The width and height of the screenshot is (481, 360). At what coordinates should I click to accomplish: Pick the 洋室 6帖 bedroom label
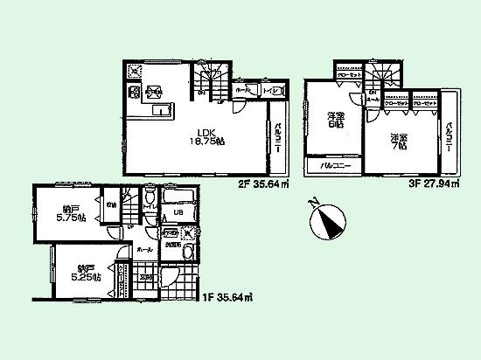336,122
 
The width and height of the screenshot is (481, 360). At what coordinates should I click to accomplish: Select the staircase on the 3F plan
381,76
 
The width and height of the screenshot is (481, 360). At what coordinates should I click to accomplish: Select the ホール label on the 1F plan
144,249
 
